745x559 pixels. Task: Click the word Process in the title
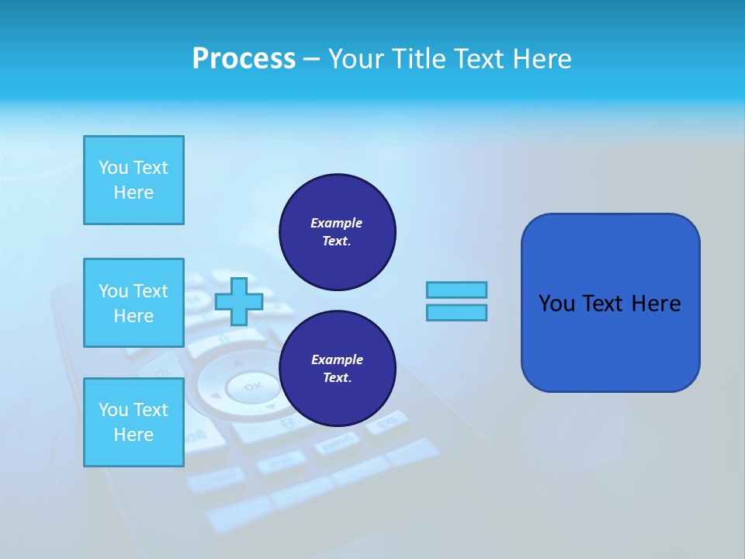point(244,59)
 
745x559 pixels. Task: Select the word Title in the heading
point(417,59)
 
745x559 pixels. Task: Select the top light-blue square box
point(133,180)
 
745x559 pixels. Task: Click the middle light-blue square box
point(133,303)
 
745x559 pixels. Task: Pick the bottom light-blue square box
point(133,422)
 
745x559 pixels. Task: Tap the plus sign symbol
point(238,301)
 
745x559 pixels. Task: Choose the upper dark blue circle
point(338,232)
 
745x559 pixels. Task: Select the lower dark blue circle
point(338,369)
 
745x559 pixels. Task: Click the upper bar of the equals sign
point(456,290)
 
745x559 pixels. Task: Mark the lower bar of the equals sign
point(456,312)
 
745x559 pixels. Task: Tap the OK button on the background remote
point(253,386)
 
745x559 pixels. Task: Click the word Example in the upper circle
point(337,223)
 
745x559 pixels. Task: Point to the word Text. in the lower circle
point(337,378)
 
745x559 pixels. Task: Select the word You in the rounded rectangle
point(556,304)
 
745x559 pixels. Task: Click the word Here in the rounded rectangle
point(657,304)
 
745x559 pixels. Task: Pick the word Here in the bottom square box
point(133,435)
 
